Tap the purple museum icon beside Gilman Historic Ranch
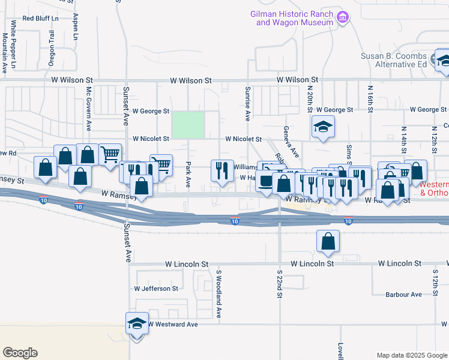343,18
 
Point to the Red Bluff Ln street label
41,19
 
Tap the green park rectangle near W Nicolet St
188,125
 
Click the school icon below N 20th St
323,127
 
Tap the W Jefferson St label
156,289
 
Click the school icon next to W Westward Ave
137,324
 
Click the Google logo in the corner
20,353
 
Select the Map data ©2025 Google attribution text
411,355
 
